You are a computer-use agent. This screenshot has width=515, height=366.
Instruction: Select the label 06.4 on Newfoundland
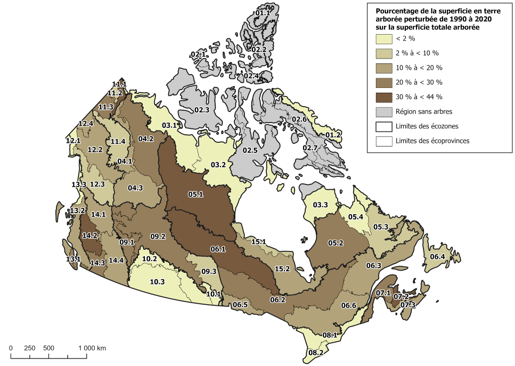point(437,257)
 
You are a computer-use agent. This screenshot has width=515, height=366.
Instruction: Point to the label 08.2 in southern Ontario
point(316,352)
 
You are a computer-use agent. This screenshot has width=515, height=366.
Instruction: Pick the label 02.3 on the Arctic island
point(201,110)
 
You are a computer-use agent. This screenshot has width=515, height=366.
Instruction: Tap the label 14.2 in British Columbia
point(89,235)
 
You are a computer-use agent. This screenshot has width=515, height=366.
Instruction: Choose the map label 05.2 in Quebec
point(335,243)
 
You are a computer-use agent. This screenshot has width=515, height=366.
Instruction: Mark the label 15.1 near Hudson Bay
point(258,242)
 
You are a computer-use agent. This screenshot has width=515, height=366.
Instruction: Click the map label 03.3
point(320,205)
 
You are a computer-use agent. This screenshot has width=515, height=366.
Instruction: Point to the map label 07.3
point(407,305)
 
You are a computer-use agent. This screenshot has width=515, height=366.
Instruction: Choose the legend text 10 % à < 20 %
point(419,68)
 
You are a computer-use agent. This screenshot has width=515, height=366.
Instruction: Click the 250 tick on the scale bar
point(30,348)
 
